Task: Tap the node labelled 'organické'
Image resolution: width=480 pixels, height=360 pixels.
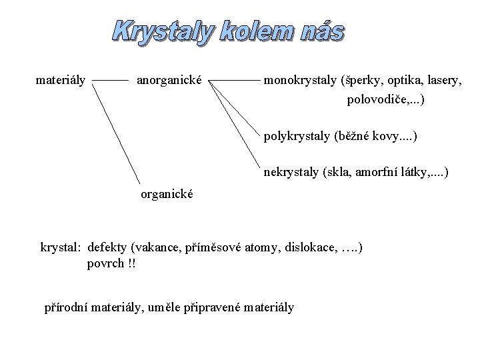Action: point(167,195)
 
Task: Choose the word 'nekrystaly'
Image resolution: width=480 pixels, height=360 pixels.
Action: point(291,173)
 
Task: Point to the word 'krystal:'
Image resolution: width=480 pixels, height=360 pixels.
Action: point(61,247)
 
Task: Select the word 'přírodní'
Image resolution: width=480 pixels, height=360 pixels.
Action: point(67,307)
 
